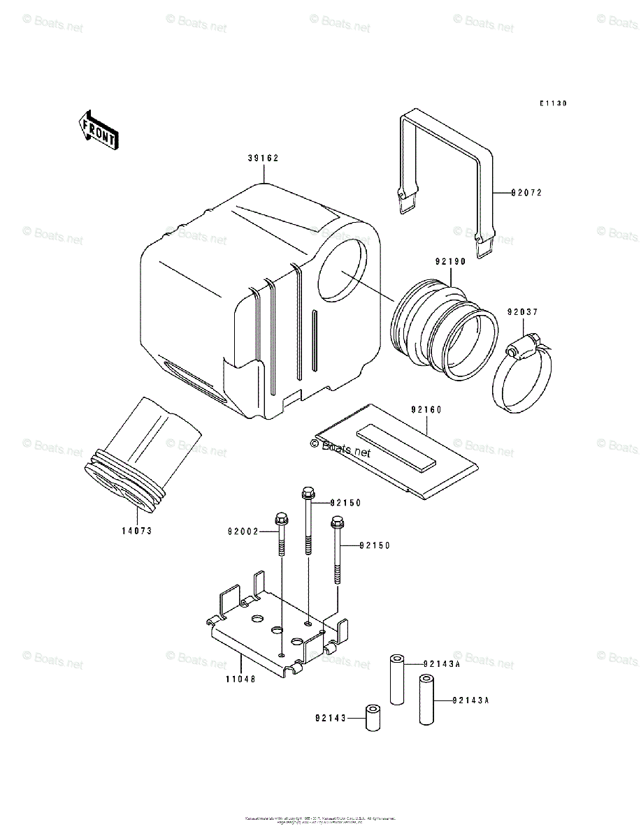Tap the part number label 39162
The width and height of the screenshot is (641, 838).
coord(263,159)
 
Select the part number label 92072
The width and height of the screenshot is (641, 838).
coord(526,192)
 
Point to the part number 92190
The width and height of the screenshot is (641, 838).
coord(450,262)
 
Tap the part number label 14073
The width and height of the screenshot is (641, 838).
coord(135,531)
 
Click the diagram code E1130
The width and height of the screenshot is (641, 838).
coord(552,103)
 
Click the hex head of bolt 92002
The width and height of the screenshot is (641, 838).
coord(282,520)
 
